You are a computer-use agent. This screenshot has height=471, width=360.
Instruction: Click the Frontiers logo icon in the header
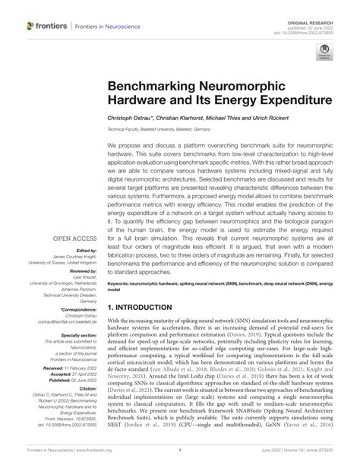coord(31,25)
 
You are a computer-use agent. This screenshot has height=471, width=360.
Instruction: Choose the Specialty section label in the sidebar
coord(79,333)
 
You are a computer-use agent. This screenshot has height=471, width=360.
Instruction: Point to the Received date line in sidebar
coord(74,366)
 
